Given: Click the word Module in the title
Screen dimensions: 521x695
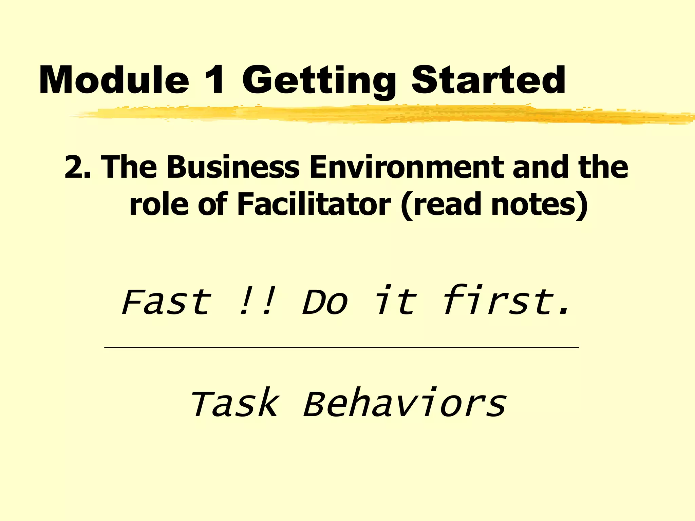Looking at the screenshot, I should (114, 81).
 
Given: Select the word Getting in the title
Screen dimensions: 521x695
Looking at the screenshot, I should (319, 81).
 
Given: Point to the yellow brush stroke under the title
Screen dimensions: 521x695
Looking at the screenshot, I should (373, 115).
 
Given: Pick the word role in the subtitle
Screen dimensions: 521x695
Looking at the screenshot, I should (158, 205).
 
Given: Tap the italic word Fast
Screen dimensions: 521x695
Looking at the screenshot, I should (166, 302).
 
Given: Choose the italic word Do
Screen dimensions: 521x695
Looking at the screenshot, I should (325, 302).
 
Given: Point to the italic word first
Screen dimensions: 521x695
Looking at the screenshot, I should (506, 301).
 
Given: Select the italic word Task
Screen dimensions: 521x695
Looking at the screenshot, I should (234, 404).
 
